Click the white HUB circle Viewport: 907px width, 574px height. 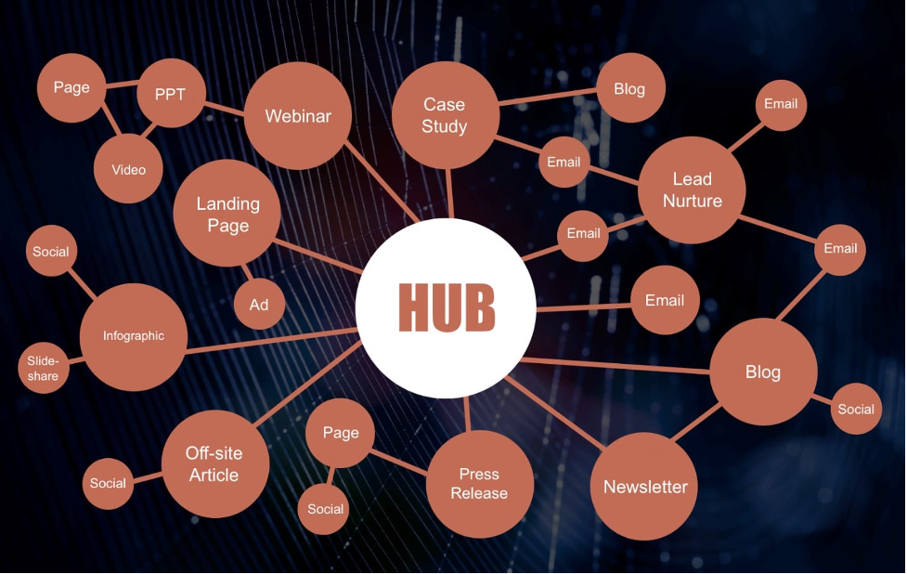click(446, 307)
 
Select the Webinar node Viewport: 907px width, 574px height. click(298, 116)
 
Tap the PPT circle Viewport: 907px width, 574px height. click(171, 93)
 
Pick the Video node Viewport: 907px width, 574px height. click(128, 169)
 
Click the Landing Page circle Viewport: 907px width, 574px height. click(227, 214)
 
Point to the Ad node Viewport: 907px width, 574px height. click(259, 305)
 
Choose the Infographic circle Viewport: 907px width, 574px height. click(134, 337)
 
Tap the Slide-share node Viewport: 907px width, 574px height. click(44, 368)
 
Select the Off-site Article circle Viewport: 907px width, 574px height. click(215, 464)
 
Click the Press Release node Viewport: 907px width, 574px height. click(480, 484)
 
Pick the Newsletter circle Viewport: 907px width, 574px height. click(643, 487)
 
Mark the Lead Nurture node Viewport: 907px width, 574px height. click(692, 189)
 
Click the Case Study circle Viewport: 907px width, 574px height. click(446, 115)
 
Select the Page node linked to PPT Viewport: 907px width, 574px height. click(71, 88)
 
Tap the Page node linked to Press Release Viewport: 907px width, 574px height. click(340, 433)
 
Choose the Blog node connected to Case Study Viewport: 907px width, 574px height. click(630, 88)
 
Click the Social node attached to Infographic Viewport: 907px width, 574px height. click(51, 251)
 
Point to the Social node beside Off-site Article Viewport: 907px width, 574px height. click(109, 484)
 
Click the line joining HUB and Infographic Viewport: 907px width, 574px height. click(272, 340)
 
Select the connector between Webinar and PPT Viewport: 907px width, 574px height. click(225, 108)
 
